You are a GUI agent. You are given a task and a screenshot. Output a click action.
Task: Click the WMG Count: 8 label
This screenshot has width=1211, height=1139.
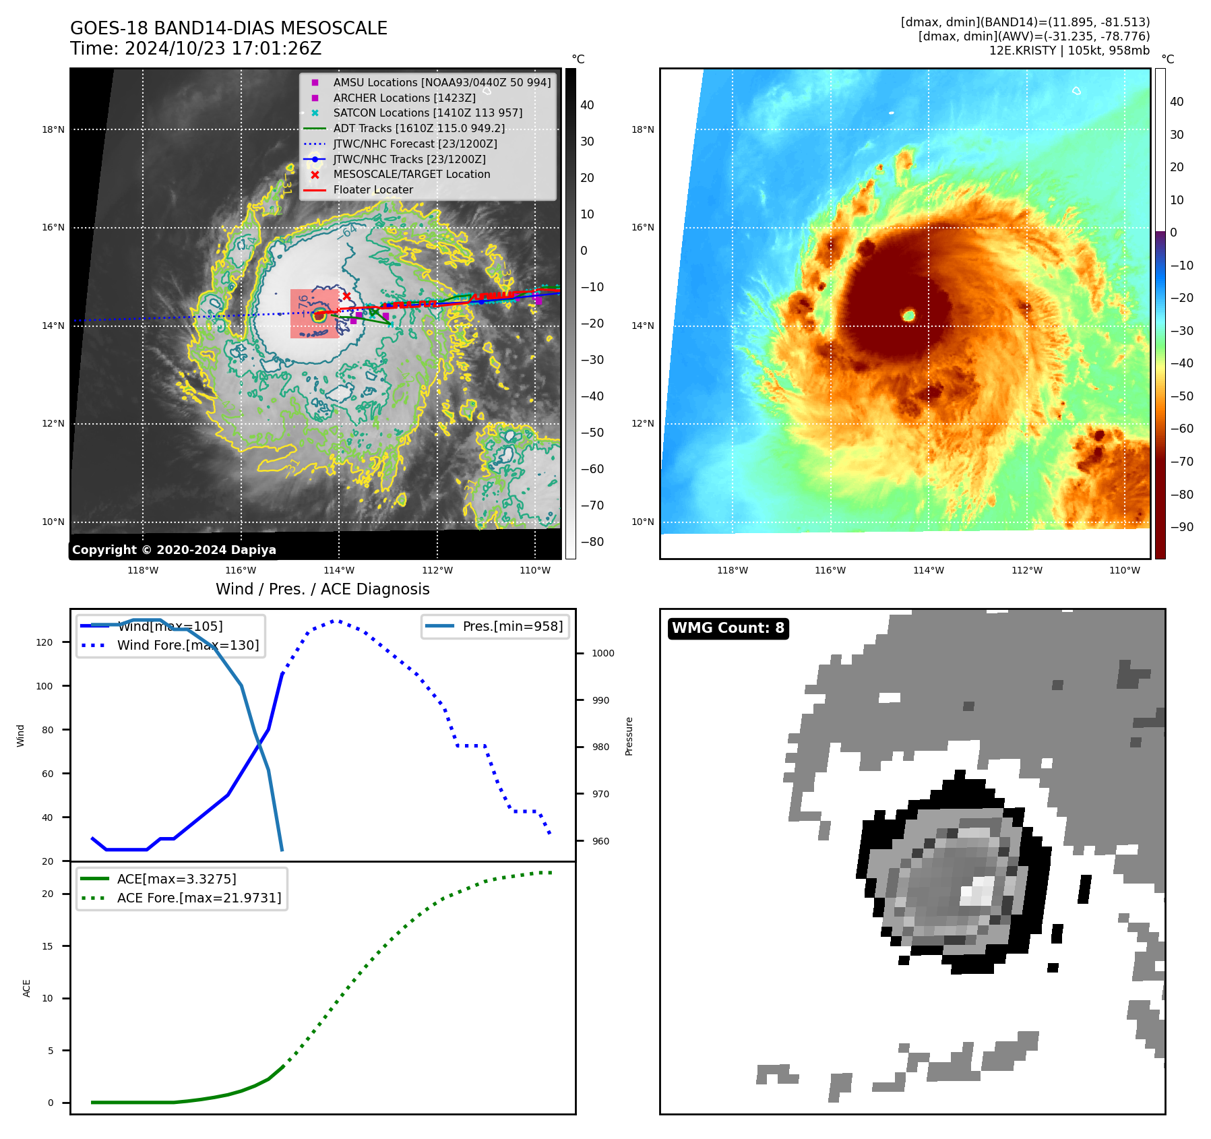[728, 628]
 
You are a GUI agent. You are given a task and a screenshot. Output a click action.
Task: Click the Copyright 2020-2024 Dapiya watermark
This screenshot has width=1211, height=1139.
[174, 550]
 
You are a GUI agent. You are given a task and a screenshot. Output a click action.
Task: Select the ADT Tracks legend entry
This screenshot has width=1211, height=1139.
[418, 128]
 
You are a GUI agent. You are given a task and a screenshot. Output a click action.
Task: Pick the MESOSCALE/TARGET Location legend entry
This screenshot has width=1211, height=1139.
[411, 174]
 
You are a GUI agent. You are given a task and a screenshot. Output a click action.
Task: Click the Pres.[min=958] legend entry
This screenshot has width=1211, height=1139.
[512, 626]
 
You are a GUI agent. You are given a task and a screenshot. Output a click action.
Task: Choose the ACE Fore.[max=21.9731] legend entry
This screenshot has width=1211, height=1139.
[199, 898]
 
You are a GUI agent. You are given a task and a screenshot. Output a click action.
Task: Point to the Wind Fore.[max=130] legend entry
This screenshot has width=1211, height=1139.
[187, 645]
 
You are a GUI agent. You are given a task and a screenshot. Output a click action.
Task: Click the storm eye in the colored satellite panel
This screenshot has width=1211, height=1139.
[908, 315]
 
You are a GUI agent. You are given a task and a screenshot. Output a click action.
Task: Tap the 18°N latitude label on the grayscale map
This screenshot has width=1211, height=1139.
[53, 129]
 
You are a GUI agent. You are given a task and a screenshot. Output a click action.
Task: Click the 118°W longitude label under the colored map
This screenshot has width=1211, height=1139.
[732, 570]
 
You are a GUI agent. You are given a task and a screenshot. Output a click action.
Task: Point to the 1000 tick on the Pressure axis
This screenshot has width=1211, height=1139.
[602, 653]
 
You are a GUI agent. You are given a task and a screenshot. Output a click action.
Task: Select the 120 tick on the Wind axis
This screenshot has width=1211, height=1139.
[44, 642]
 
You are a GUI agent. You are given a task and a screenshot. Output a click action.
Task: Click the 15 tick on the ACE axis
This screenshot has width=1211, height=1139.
[47, 946]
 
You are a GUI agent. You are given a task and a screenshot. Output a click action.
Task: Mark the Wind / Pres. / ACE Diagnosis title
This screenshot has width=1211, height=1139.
[322, 589]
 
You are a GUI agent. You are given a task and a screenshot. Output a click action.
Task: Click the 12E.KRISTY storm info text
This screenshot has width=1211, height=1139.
[1069, 51]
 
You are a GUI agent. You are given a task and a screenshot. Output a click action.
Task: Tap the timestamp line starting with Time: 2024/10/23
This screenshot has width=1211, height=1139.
[195, 49]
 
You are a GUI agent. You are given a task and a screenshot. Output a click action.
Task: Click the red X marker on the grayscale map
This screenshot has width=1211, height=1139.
[346, 296]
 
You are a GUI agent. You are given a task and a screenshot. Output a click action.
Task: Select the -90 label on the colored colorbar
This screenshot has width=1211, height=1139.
[1181, 527]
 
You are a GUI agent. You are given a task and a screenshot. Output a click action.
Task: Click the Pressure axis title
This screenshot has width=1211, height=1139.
[629, 736]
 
